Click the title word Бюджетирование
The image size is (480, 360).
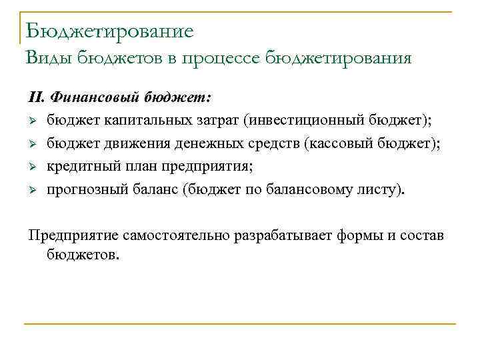click(110, 31)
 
